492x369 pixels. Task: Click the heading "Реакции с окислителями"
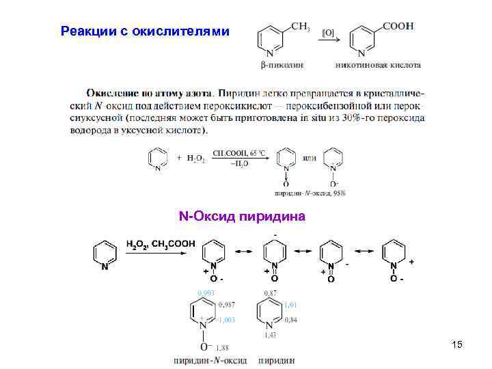pos(146,31)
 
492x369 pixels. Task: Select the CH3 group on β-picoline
pos(300,27)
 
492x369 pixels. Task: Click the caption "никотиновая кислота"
pos(377,65)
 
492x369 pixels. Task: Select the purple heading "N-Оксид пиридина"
pos(243,217)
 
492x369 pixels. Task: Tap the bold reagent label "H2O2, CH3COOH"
pos(161,243)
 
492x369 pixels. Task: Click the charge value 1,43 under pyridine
pos(271,335)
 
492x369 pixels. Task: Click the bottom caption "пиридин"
pos(277,360)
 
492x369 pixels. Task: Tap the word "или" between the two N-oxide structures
pos(310,158)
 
